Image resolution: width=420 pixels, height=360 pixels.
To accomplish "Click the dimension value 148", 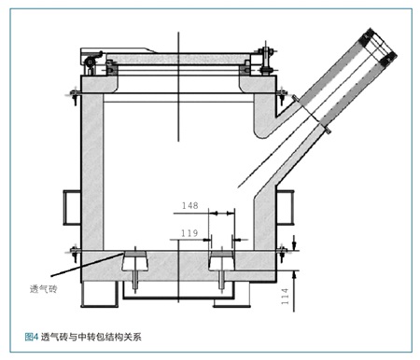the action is click(190, 205).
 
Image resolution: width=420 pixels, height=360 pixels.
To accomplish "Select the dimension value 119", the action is click(189, 233).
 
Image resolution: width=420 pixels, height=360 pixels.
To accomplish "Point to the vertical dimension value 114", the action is click(285, 297).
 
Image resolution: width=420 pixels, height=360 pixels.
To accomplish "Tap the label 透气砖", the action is click(44, 289).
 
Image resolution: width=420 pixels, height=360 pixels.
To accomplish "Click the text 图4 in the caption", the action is click(31, 337).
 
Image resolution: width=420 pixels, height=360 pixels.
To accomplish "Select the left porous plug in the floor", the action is click(135, 261).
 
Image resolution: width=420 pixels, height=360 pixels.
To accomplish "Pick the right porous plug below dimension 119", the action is click(221, 261).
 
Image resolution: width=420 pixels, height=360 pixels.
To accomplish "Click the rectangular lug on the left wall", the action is click(72, 207).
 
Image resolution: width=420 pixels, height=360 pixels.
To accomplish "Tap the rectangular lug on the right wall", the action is click(285, 207).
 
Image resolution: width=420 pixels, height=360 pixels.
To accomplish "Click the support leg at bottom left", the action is click(100, 294).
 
